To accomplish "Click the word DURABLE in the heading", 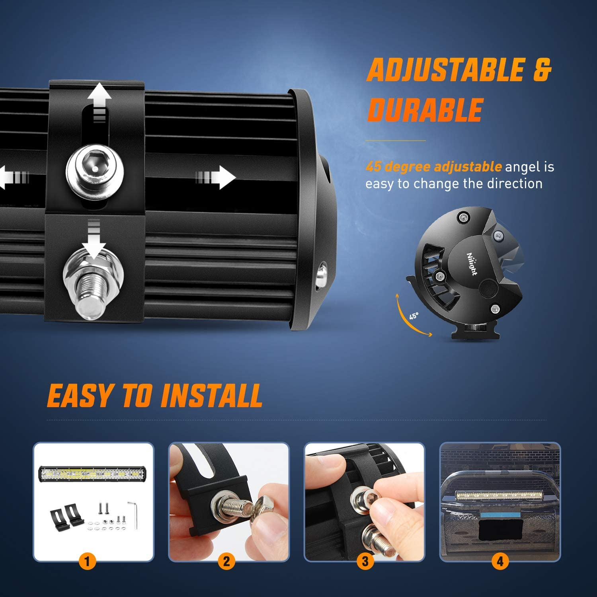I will [425, 110].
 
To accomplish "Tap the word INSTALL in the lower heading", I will [211, 396].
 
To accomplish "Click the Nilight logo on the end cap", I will [472, 263].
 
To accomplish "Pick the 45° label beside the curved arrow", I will [414, 316].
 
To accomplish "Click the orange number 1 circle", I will [87, 562].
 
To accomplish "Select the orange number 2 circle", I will [226, 562].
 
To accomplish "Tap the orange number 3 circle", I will [365, 562].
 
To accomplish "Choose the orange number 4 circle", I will [500, 562].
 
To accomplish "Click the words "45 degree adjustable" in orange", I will [433, 166].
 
